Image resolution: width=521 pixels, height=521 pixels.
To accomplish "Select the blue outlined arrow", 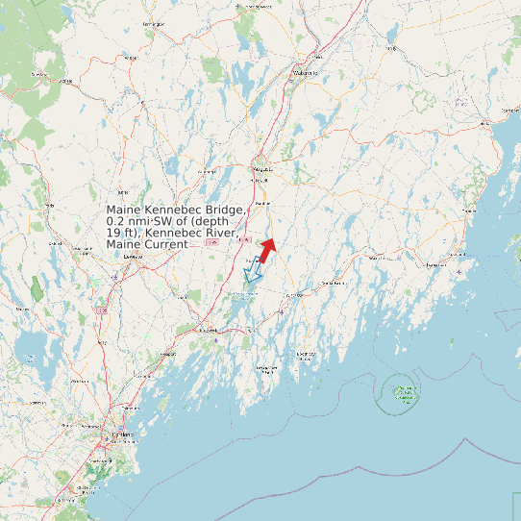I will coord(253,274).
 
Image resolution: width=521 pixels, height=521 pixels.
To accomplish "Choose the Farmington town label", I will coord(151,22).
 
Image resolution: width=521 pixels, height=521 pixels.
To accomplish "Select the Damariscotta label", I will coord(333,284).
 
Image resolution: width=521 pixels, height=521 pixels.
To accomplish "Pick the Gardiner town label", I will coord(268,205).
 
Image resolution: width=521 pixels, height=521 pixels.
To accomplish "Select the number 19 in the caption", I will coord(113,234).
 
